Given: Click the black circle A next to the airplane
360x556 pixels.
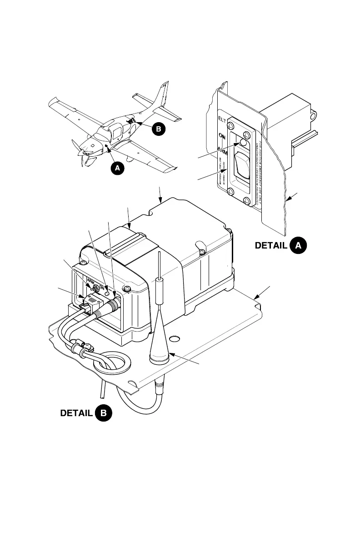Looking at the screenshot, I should click(x=117, y=168).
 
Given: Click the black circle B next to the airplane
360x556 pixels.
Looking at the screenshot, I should click(x=158, y=129).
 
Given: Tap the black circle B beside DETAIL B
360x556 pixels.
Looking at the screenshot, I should click(x=104, y=414).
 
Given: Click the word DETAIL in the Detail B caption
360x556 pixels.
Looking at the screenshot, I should click(x=77, y=414).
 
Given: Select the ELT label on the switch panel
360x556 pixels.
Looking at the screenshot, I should click(x=222, y=120).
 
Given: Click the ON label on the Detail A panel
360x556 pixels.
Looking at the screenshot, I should click(x=222, y=135).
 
